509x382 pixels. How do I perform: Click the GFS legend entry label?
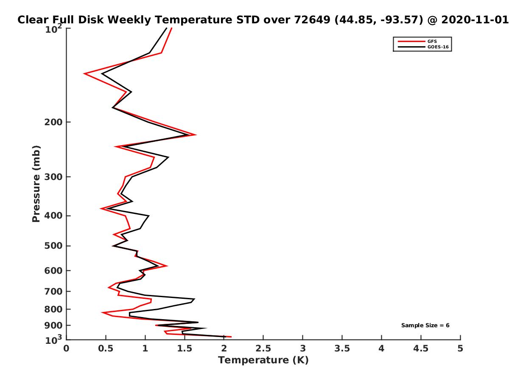coord(432,42)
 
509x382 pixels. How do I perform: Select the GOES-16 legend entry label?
coord(438,47)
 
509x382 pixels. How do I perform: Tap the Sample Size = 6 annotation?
coord(425,325)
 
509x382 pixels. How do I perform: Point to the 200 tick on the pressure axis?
coord(53,122)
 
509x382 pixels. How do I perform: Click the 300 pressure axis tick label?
coord(53,177)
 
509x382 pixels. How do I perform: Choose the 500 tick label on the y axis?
coord(53,246)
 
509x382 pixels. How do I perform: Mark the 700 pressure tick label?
coord(53,291)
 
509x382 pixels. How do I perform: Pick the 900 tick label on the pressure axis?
coord(53,326)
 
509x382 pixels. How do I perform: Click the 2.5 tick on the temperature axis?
coord(263,348)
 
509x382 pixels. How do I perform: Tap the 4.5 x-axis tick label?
coord(421,348)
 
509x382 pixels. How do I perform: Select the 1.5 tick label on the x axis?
coord(185,348)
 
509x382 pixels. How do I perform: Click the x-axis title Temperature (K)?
coord(263,360)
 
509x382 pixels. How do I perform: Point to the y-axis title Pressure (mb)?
coord(36,184)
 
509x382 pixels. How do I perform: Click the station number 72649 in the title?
coord(312,20)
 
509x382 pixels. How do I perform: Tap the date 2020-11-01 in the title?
coord(475,20)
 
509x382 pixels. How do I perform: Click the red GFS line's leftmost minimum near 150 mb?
coord(84,73)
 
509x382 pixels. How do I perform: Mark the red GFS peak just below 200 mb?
coord(196,135)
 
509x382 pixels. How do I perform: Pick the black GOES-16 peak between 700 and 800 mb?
coord(194,299)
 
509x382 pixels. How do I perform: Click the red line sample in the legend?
coord(411,42)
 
